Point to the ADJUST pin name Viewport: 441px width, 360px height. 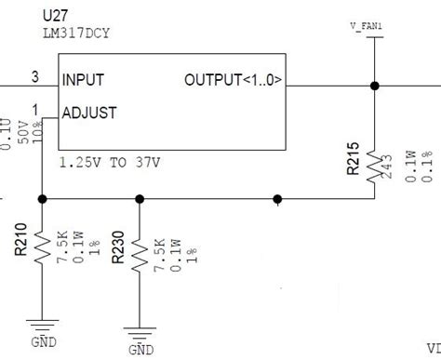[89, 113]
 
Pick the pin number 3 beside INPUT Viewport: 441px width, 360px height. [34, 76]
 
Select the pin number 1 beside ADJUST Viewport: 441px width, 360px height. [36, 109]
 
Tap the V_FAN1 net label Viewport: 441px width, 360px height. [367, 27]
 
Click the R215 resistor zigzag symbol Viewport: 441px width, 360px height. [374, 164]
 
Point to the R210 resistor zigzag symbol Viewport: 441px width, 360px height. [43, 248]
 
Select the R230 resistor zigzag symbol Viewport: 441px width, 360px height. [140, 249]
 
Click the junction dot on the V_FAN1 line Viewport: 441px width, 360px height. [374, 86]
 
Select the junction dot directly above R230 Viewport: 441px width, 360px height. [140, 199]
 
